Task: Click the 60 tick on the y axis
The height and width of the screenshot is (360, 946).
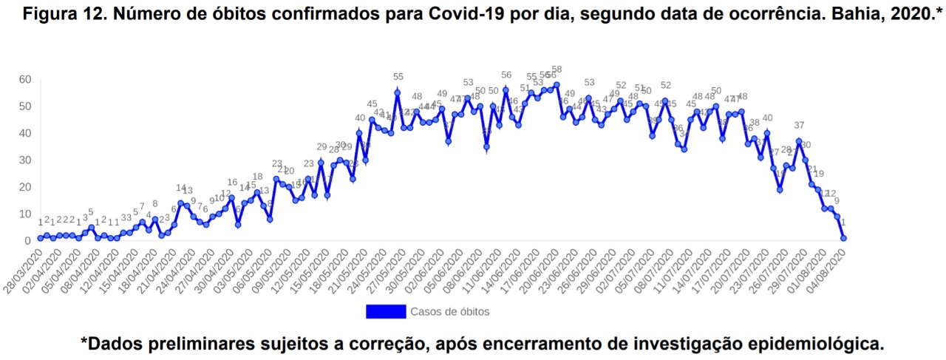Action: [24, 79]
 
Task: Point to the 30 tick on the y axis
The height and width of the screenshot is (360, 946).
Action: [24, 160]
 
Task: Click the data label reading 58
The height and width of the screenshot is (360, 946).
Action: [557, 69]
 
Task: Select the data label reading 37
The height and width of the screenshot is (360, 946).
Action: [799, 125]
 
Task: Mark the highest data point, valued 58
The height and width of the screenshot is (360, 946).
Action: [557, 84]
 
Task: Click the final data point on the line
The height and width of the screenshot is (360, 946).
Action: [843, 238]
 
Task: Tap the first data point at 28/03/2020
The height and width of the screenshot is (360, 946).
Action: [40, 238]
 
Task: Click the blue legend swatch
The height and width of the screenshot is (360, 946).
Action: [386, 311]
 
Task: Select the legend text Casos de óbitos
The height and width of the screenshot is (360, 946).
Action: [449, 311]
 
